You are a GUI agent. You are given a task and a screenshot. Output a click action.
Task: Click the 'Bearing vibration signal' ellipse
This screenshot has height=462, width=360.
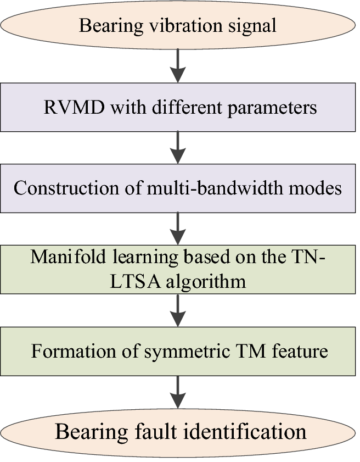[178, 25]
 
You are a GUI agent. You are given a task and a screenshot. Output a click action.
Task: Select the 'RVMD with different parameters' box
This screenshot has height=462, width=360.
[178, 107]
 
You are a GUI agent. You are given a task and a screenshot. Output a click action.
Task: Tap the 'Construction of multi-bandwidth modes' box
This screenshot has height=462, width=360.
[178, 188]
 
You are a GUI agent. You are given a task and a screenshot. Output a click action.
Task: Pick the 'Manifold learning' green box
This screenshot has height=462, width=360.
[178, 269]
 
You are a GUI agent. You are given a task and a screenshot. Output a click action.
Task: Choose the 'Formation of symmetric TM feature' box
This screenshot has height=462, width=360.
[178, 350]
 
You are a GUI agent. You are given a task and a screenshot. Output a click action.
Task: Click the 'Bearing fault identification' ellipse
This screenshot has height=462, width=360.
[178, 431]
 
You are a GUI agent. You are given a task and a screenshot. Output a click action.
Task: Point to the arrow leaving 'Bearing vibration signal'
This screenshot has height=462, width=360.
[178, 66]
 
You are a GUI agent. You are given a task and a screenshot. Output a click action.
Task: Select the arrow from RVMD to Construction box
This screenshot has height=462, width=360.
[178, 147]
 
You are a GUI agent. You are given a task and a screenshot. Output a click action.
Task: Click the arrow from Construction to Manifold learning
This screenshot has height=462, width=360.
[178, 228]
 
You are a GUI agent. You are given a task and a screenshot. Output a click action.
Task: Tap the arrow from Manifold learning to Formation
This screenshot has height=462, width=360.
[178, 309]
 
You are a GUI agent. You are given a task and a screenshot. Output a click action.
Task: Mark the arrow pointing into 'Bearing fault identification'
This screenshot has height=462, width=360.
[178, 391]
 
